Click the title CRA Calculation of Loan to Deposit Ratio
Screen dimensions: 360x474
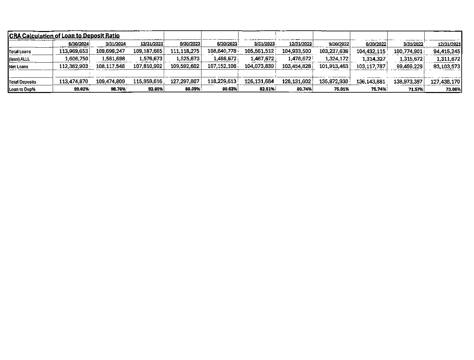64,36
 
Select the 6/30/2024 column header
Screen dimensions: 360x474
78,44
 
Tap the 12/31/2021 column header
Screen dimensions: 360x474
449,44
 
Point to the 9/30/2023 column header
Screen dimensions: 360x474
190,44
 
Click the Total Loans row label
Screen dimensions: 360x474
20,52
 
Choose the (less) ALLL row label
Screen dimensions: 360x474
19,59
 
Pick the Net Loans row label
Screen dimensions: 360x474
19,67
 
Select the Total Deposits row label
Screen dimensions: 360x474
22,82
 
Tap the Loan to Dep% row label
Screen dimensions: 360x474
22,89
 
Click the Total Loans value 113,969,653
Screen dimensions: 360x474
73,51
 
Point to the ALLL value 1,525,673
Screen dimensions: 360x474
188,59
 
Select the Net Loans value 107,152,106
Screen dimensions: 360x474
222,66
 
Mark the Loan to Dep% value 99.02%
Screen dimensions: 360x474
81,89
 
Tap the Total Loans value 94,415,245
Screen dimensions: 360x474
446,51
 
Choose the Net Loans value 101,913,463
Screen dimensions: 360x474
334,66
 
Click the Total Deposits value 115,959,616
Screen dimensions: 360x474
148,81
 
